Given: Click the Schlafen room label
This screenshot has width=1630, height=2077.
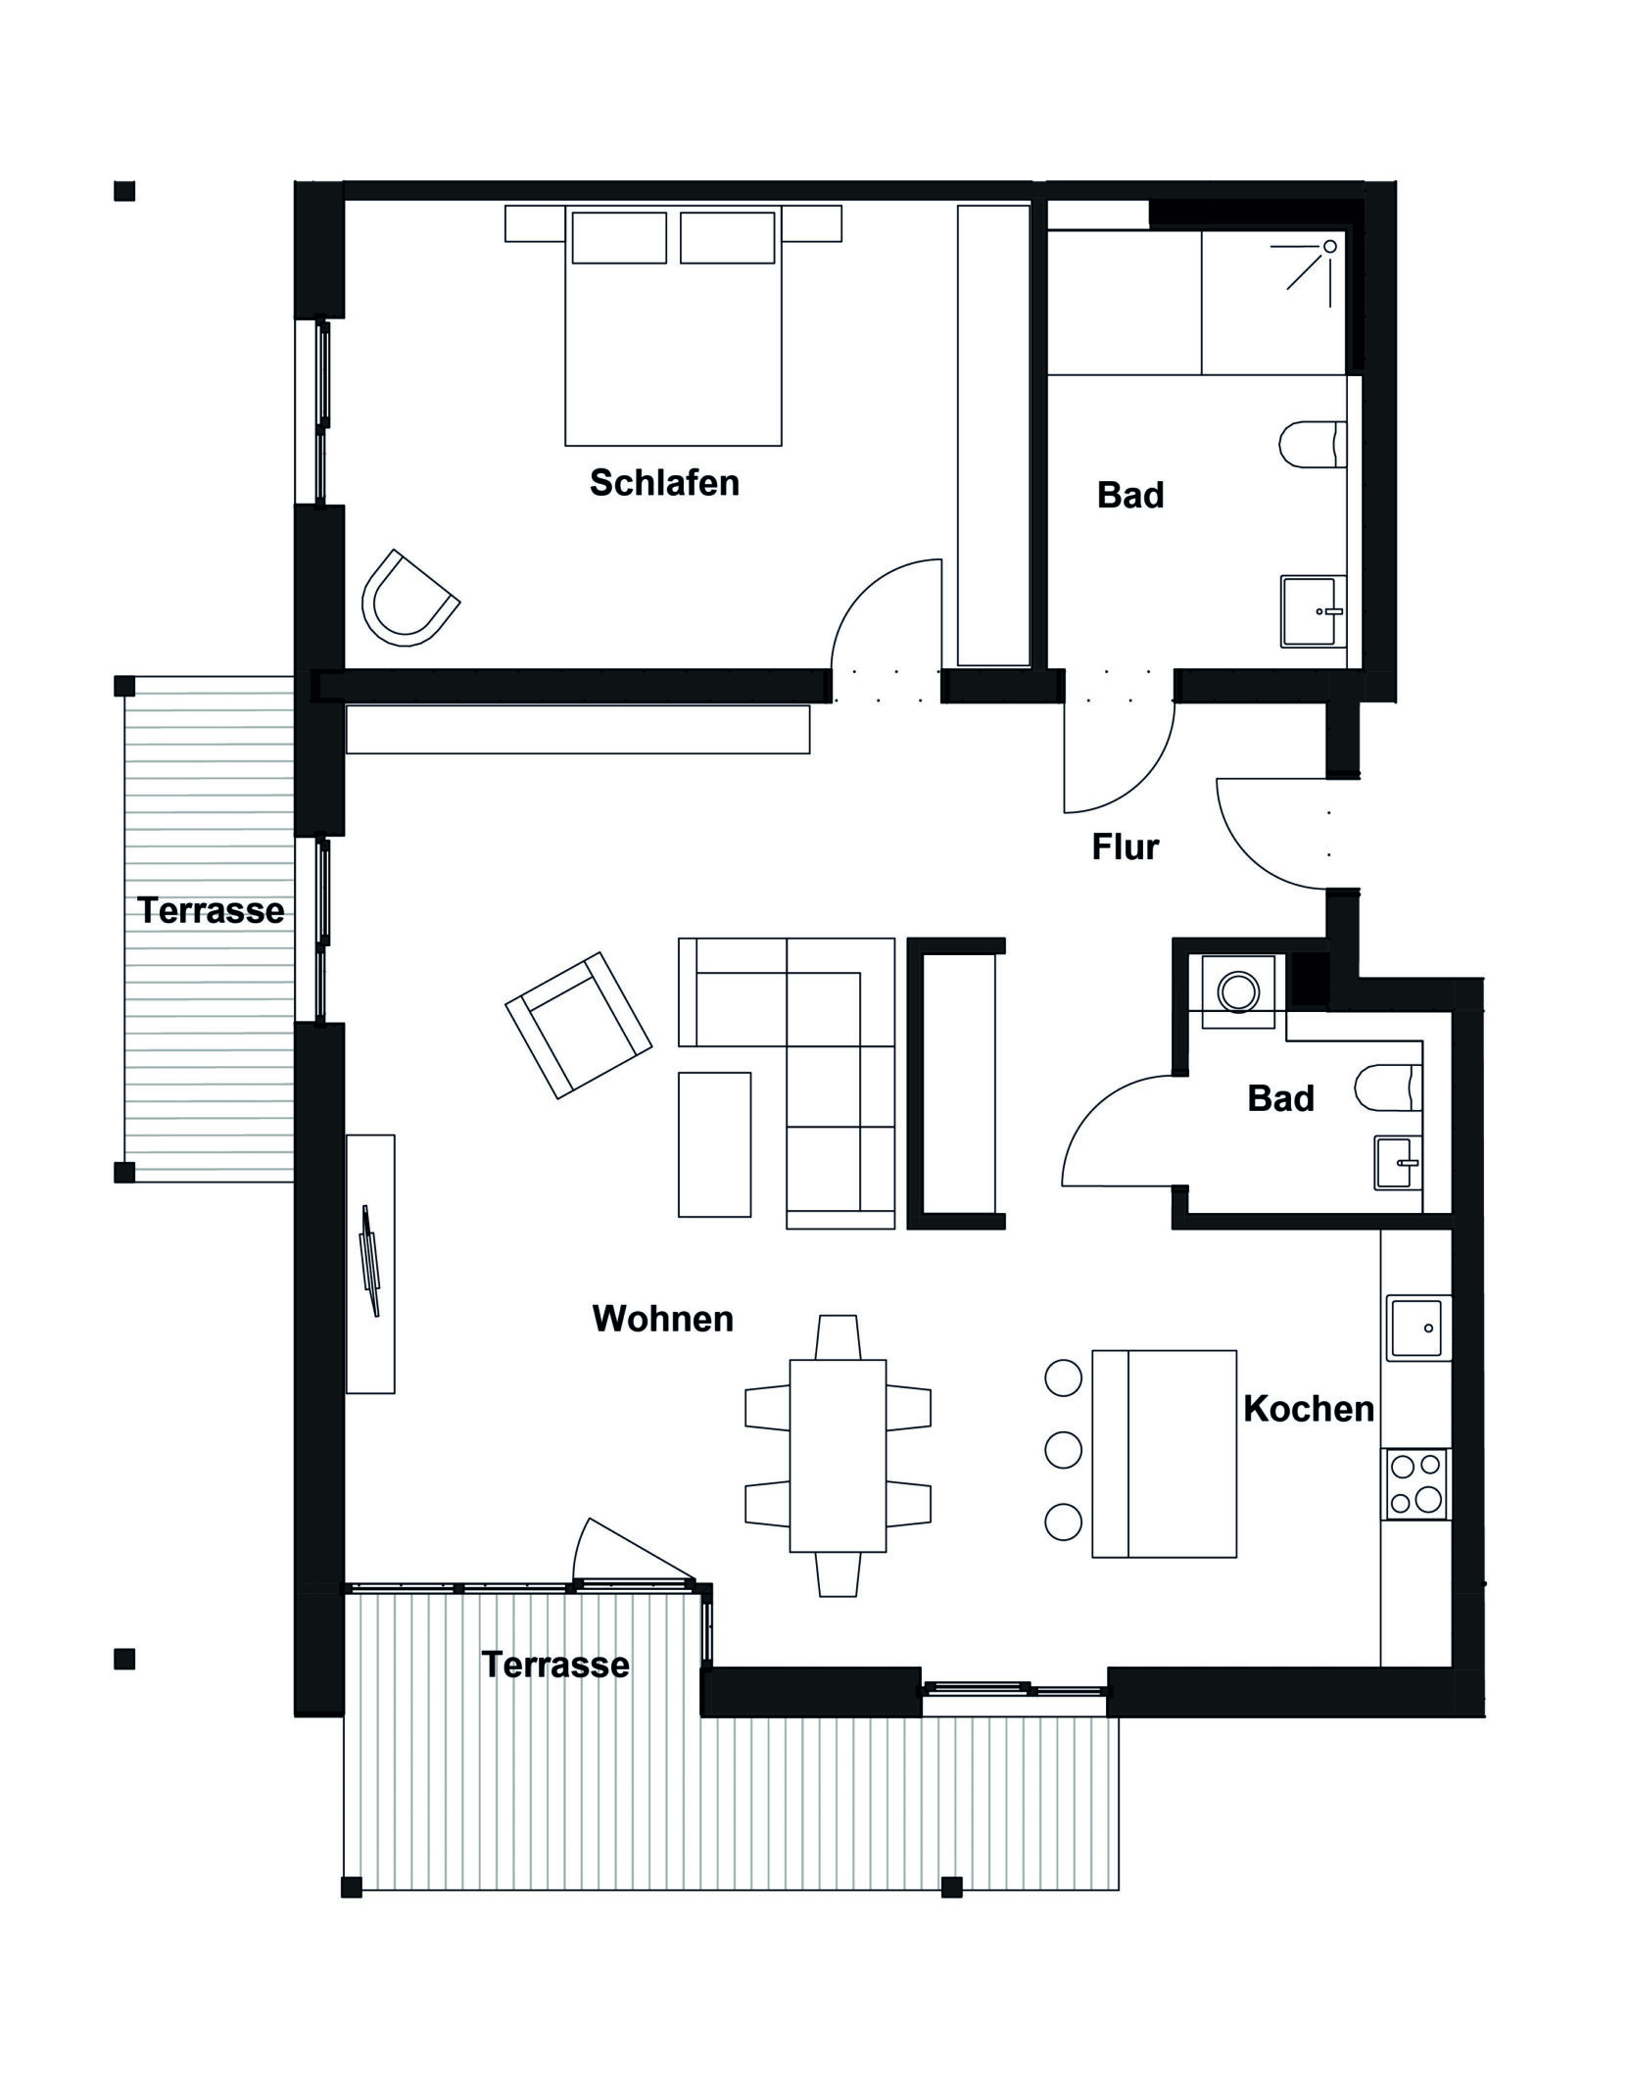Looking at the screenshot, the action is pos(664,483).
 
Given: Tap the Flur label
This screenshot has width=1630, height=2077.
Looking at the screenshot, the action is pos(1126,846).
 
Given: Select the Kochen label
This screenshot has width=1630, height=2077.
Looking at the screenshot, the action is pos(1309,1409).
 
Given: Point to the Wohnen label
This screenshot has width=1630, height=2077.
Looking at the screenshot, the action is pos(663,1319).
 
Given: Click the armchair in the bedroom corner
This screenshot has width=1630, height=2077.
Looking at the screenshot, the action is pos(409,600).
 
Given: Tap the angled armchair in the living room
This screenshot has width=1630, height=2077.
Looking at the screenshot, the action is pos(578,1025).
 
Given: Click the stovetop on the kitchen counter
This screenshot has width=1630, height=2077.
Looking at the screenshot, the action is pos(1416,1483).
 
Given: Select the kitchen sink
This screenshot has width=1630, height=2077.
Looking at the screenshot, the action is pos(1419,1328).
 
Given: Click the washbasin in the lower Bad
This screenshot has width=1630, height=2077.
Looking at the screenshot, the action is pos(1398,1163).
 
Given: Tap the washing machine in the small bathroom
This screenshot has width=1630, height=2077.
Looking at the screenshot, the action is pos(1238,991).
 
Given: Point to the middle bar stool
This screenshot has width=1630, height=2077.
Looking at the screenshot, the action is pos(1063,1448).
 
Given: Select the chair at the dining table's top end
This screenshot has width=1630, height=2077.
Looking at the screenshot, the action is pos(838,1337).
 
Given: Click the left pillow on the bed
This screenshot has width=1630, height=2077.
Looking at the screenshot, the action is pos(619,237).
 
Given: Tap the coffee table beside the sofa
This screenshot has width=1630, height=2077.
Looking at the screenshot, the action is pos(714,1144).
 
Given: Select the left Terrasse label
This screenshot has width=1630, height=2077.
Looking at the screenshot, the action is pos(211,910).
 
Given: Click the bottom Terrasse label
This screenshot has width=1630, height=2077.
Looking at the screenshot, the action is pos(555,1665).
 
